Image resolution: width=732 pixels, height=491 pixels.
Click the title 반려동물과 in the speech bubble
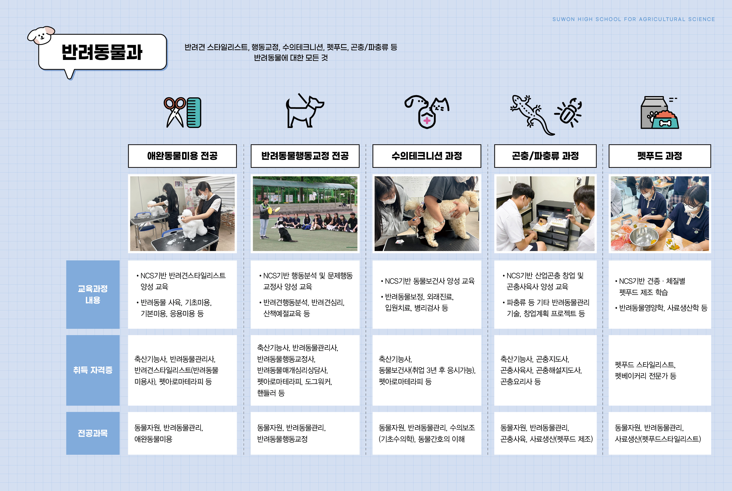[x=102, y=52]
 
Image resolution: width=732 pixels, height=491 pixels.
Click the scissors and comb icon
[x=182, y=113]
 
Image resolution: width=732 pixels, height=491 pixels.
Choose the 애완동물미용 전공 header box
[x=182, y=156]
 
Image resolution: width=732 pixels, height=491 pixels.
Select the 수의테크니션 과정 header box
[x=427, y=156]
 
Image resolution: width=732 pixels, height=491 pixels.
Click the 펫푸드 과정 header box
[x=659, y=156]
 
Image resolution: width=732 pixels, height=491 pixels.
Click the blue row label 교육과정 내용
[x=93, y=294]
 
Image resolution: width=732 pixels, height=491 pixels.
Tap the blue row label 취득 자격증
[x=93, y=370]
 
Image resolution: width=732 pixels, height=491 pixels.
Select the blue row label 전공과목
[x=93, y=433]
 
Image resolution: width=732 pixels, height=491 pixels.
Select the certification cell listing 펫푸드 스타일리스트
[x=659, y=370]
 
